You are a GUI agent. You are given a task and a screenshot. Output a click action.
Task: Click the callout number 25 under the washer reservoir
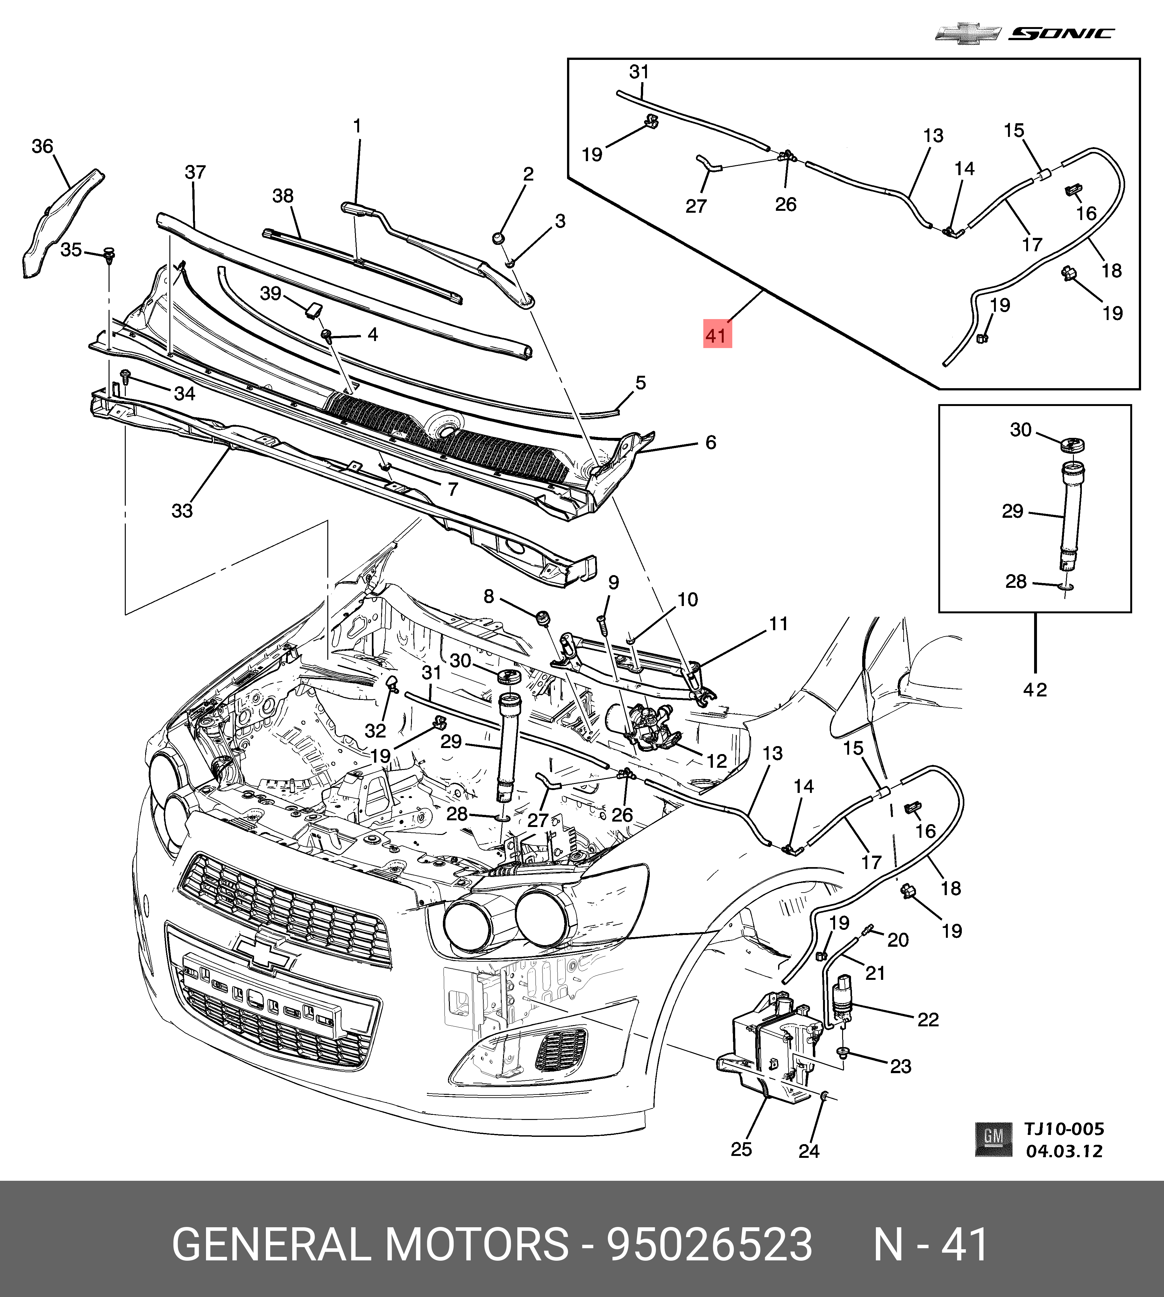(741, 1149)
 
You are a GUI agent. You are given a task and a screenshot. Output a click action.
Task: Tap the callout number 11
(778, 624)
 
